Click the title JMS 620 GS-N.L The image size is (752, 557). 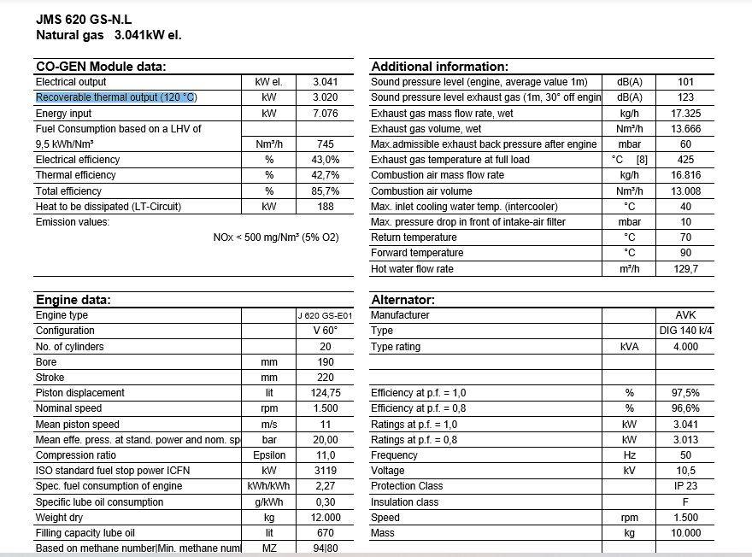coord(84,19)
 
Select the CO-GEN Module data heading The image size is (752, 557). coord(100,67)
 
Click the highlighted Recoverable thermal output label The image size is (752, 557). coord(116,97)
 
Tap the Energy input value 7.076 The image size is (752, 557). coord(326,114)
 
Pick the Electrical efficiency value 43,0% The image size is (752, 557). coord(326,160)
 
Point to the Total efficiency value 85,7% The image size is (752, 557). coord(326,191)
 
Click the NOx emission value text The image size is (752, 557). coord(275,237)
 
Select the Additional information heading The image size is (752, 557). coord(439,67)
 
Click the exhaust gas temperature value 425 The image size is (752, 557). coord(685,160)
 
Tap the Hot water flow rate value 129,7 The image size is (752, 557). coord(685,269)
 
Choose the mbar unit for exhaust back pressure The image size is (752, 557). coord(629,144)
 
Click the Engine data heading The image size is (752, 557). coord(73,300)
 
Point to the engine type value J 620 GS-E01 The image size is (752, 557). coord(325,315)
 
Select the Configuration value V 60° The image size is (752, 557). coord(326,331)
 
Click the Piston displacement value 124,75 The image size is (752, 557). coord(326,393)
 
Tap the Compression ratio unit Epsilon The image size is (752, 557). coord(269,455)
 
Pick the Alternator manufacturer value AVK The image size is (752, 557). coord(685,315)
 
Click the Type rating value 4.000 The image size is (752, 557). coord(685,347)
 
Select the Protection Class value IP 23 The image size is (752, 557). coord(685,486)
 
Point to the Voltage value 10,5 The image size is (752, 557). coord(685,471)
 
